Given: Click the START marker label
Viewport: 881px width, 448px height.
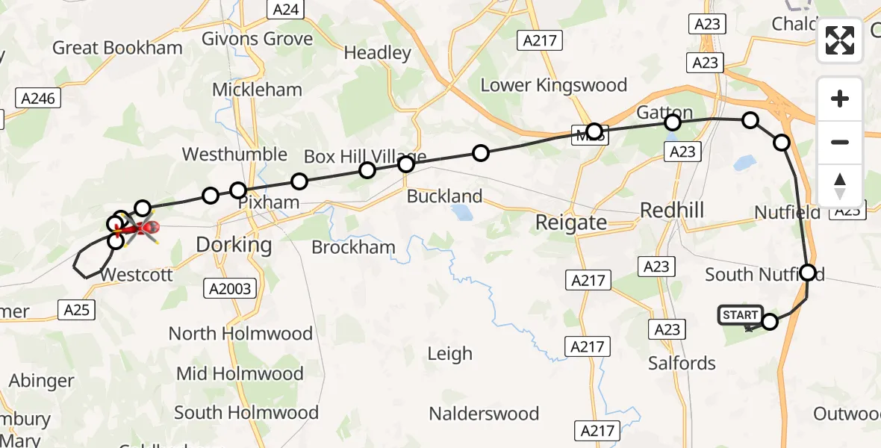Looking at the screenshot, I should [x=740, y=315].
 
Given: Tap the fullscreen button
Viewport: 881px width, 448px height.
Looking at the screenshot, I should [x=840, y=40].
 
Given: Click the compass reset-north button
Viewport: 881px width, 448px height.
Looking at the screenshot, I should [x=840, y=186].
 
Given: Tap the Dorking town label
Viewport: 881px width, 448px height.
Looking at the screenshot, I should [x=234, y=244].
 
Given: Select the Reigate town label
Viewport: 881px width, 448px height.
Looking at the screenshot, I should [x=571, y=222].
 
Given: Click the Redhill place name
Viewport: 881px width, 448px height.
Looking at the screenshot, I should [x=672, y=211].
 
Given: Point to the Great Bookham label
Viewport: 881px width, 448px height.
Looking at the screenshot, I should [x=117, y=48].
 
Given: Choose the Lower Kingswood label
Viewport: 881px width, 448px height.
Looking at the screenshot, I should [x=553, y=85].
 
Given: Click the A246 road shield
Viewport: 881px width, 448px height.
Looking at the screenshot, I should [x=39, y=98].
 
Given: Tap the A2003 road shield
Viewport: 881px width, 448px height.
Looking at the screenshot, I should [x=231, y=288].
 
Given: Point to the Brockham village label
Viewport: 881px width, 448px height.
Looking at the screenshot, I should [x=353, y=247].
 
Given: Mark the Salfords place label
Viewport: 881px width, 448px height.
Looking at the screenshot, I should [x=682, y=364].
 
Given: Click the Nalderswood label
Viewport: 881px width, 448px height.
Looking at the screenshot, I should [x=484, y=414].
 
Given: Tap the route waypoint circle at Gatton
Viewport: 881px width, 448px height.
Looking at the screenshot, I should [x=673, y=122].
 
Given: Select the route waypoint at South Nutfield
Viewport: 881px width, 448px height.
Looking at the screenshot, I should [x=808, y=273].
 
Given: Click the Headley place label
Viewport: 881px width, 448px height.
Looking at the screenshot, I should [x=377, y=53].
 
